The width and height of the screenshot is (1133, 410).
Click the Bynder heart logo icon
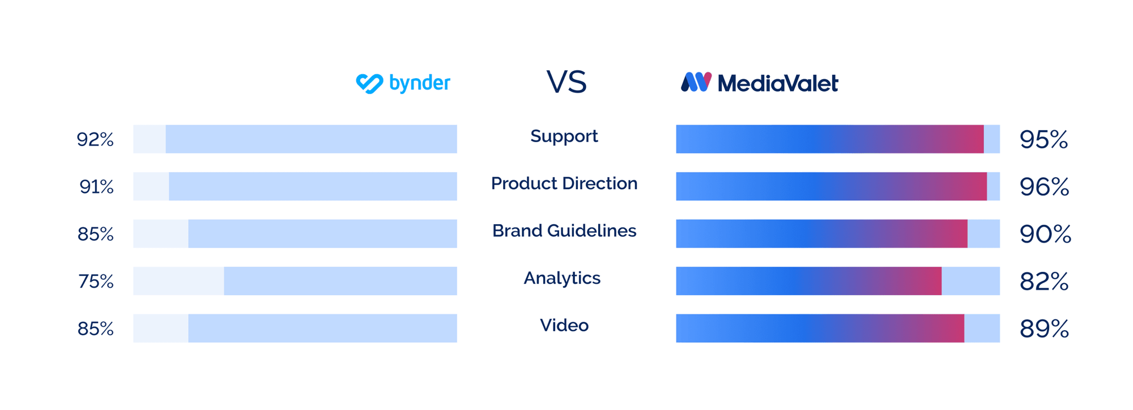point(369,83)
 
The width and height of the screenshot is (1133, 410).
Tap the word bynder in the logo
point(420,83)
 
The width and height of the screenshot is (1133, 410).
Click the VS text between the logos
point(566,82)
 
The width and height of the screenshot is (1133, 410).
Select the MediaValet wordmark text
point(777,84)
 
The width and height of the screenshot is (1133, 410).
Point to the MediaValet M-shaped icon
point(696,82)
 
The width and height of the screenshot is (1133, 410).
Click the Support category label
point(564,136)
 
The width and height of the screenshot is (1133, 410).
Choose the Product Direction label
point(564,183)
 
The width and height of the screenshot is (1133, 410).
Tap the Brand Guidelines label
point(564,230)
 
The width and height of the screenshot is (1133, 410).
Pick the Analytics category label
point(562,278)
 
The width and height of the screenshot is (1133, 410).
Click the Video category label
point(564,325)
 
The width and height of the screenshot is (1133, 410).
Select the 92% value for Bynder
point(95,139)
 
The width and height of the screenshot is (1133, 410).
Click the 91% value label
point(96,186)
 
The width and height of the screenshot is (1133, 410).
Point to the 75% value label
point(96,281)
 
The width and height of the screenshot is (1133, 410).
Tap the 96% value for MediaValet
point(1044,186)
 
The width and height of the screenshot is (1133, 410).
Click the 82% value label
point(1044,281)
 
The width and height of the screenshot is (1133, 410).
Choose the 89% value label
point(1044,328)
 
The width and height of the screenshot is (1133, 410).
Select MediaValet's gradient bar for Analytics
point(808,281)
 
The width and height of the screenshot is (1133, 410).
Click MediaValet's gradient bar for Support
point(829,139)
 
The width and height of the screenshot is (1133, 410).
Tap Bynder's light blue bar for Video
point(322,328)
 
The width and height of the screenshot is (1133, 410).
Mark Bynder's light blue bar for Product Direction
point(313,186)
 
